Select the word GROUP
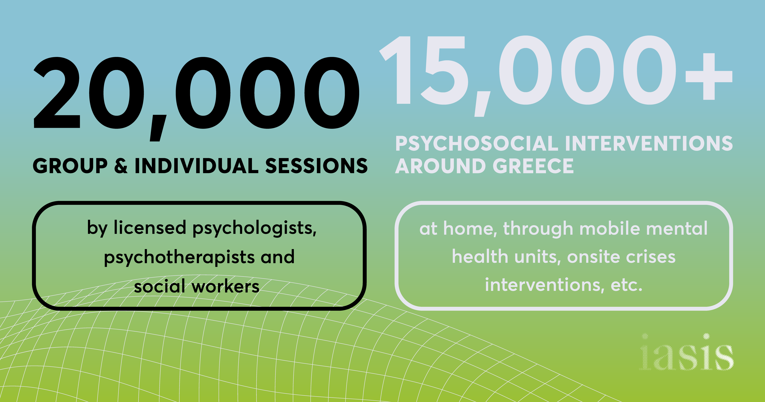pos(70,166)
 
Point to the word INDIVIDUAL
pos(196,166)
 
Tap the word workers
pos(225,286)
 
